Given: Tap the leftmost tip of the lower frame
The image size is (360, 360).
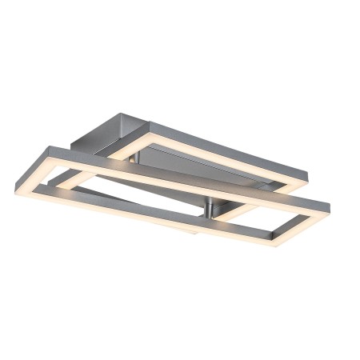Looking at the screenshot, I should [16, 189].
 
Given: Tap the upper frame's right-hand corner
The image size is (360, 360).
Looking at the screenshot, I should [308, 172].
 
